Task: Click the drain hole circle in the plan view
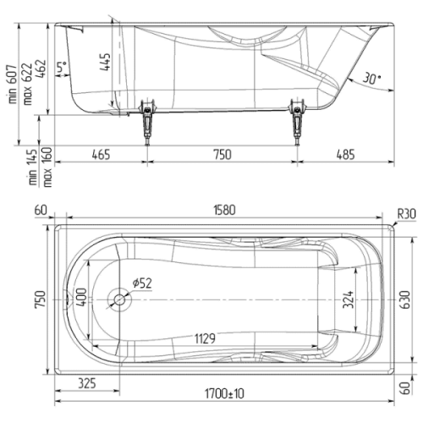pyautogui.click(x=119, y=300)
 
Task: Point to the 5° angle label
pyautogui.click(x=61, y=68)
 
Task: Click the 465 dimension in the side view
pyautogui.click(x=101, y=154)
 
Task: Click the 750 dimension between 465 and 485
pyautogui.click(x=222, y=154)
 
